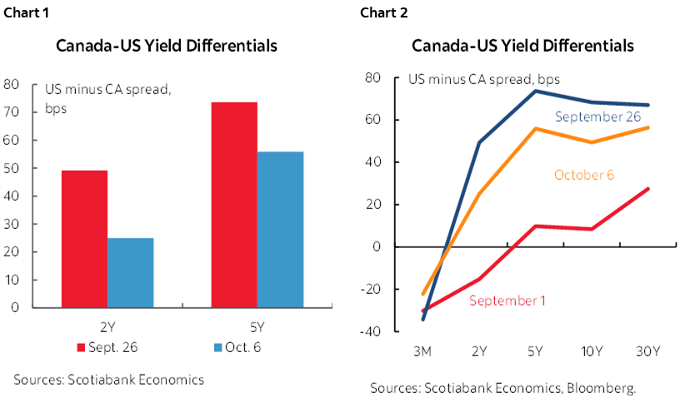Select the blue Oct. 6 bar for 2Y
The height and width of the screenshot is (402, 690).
click(x=131, y=272)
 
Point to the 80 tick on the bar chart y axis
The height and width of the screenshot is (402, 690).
click(x=12, y=84)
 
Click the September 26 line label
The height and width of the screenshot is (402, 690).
click(x=597, y=117)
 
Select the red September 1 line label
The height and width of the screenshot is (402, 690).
click(x=507, y=300)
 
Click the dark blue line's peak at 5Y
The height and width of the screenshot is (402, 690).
click(x=534, y=91)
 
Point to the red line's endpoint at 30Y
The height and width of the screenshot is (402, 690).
click(x=647, y=189)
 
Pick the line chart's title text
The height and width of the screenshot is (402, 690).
click(x=522, y=45)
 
